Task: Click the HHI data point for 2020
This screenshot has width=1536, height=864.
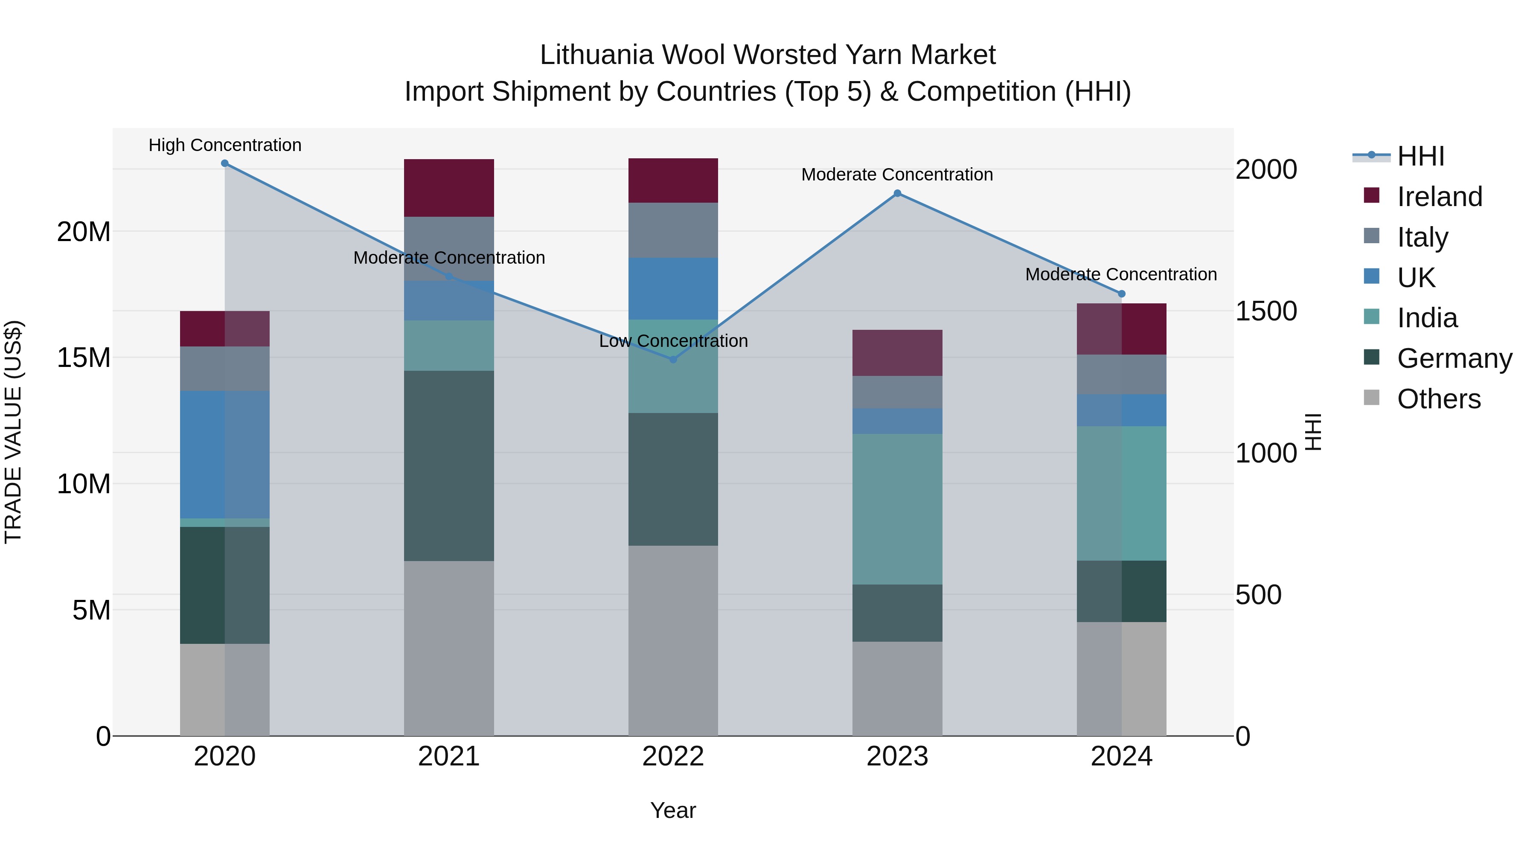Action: tap(225, 163)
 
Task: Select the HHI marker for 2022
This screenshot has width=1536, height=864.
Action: tap(673, 360)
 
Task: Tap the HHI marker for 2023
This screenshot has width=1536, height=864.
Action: tap(897, 193)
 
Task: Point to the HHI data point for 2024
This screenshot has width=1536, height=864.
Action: tap(1122, 294)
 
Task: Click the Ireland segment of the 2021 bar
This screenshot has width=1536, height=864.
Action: tap(449, 188)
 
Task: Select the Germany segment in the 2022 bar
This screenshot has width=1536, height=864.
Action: tap(673, 480)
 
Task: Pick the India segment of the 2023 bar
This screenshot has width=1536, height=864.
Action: tap(897, 509)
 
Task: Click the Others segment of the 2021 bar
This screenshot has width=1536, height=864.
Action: tap(449, 648)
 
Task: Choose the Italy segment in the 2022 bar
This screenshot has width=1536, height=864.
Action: tap(673, 230)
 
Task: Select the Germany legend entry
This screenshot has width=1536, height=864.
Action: tap(1454, 358)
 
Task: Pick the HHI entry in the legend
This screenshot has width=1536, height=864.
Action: tap(1420, 156)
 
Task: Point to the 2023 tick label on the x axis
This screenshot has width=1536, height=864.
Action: tap(897, 756)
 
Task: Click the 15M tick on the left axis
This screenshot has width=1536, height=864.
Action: tap(84, 358)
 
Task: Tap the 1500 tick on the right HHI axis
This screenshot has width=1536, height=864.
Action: tap(1266, 311)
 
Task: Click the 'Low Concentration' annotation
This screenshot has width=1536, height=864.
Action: tap(673, 341)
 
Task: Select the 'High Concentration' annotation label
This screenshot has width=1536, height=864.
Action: tap(225, 145)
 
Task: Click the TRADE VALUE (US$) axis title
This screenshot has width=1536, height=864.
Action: tap(14, 432)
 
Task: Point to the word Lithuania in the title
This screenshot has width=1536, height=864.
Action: tap(596, 55)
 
